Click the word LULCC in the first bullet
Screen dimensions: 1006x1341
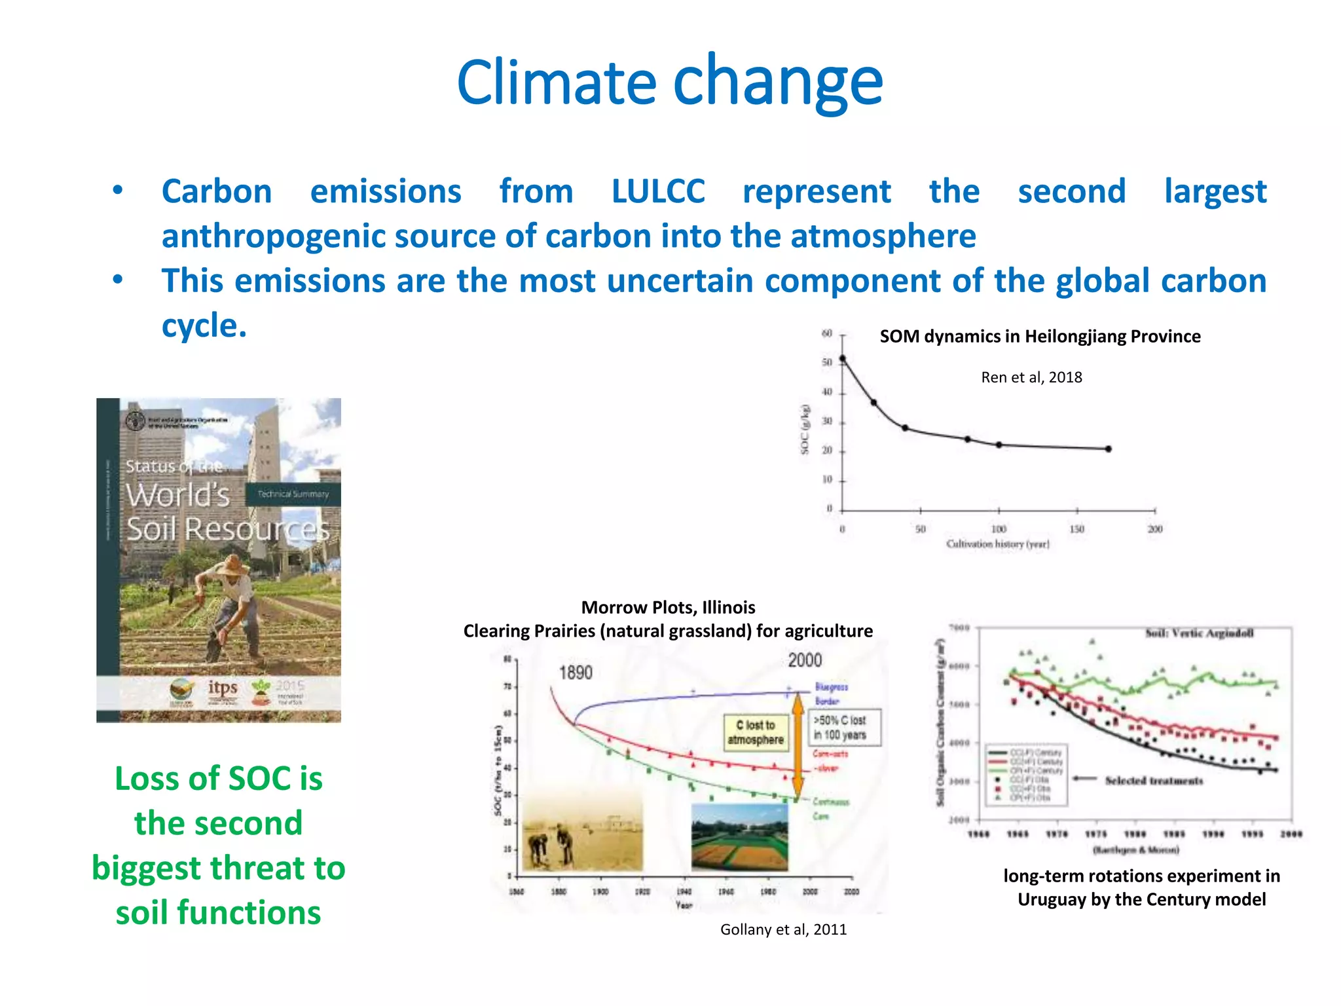(658, 192)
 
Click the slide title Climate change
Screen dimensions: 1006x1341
(670, 82)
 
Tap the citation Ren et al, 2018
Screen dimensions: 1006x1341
(1031, 377)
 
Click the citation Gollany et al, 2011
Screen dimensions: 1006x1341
(783, 929)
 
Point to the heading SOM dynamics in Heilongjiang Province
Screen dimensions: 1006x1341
(1040, 337)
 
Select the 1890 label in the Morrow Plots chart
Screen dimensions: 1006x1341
(576, 673)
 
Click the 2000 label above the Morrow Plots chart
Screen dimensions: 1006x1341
(805, 660)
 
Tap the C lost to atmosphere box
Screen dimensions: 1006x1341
(755, 732)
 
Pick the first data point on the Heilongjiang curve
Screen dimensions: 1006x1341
(843, 358)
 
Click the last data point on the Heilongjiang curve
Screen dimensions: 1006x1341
(1109, 449)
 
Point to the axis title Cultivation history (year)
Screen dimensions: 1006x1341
(998, 544)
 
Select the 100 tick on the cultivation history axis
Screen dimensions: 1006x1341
(999, 529)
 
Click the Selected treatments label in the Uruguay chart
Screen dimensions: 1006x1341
(1154, 781)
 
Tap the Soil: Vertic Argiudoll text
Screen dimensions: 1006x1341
(1199, 633)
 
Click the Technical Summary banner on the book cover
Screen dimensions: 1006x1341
(293, 494)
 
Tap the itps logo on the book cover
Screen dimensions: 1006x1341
(223, 688)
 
